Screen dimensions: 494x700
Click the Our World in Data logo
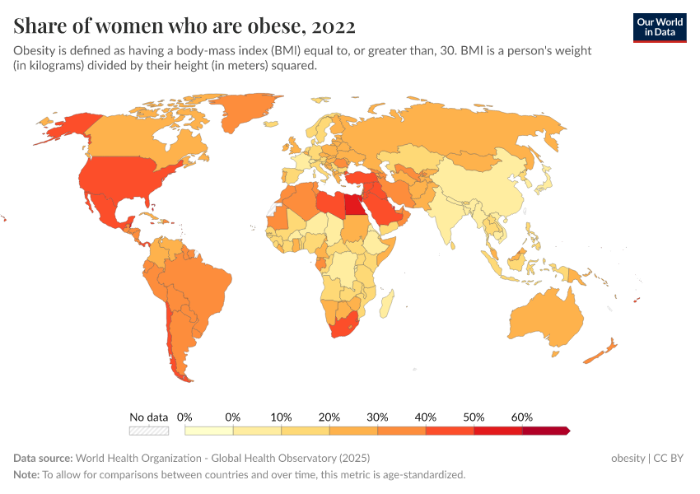click(659, 27)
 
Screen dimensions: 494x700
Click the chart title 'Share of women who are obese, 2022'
click(184, 26)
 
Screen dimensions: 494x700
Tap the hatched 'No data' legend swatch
click(149, 430)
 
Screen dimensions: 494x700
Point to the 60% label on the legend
click(522, 417)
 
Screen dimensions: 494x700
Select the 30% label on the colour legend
click(377, 417)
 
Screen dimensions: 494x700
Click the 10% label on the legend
click(281, 417)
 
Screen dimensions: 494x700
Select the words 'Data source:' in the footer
click(42, 458)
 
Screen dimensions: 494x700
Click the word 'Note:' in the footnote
click(26, 475)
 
